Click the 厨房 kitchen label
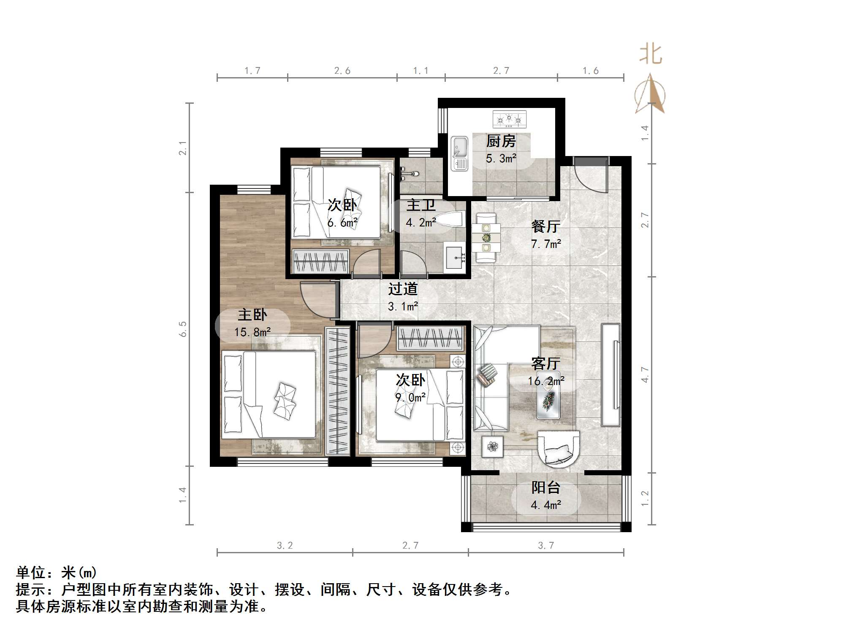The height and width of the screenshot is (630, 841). coord(501,141)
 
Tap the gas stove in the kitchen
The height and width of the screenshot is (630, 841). coord(509,119)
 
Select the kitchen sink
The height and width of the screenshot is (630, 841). coord(459,153)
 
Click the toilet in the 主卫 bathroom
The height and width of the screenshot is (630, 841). coord(450,219)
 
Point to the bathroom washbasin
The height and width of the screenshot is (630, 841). coord(454,256)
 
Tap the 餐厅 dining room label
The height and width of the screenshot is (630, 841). coord(545,226)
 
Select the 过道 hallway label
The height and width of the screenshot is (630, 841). coord(403,289)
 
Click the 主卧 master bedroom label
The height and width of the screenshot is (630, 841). coord(252,315)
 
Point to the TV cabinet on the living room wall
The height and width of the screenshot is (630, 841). coord(610,375)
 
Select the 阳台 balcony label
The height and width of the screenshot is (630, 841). coord(545,488)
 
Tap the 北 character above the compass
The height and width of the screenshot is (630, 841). coord(650,55)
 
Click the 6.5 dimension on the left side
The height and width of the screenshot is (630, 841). coord(182,329)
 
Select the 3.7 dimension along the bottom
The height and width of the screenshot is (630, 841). coord(545,546)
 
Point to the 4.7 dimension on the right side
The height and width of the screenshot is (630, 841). coord(644,374)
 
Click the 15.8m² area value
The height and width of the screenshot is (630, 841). coord(252,332)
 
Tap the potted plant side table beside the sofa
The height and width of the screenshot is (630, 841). coord(492,446)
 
